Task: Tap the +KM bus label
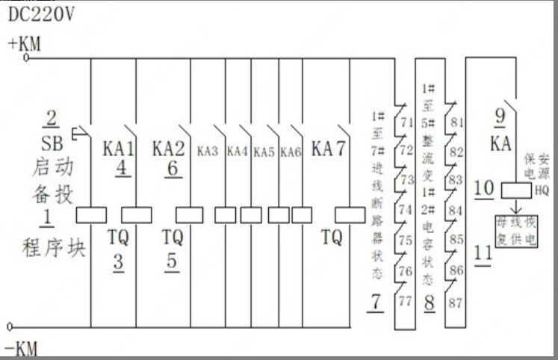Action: point(24,43)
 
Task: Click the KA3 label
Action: point(208,150)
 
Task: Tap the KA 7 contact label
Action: point(329,148)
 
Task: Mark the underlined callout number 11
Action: point(484,252)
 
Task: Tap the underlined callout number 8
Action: point(429,303)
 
